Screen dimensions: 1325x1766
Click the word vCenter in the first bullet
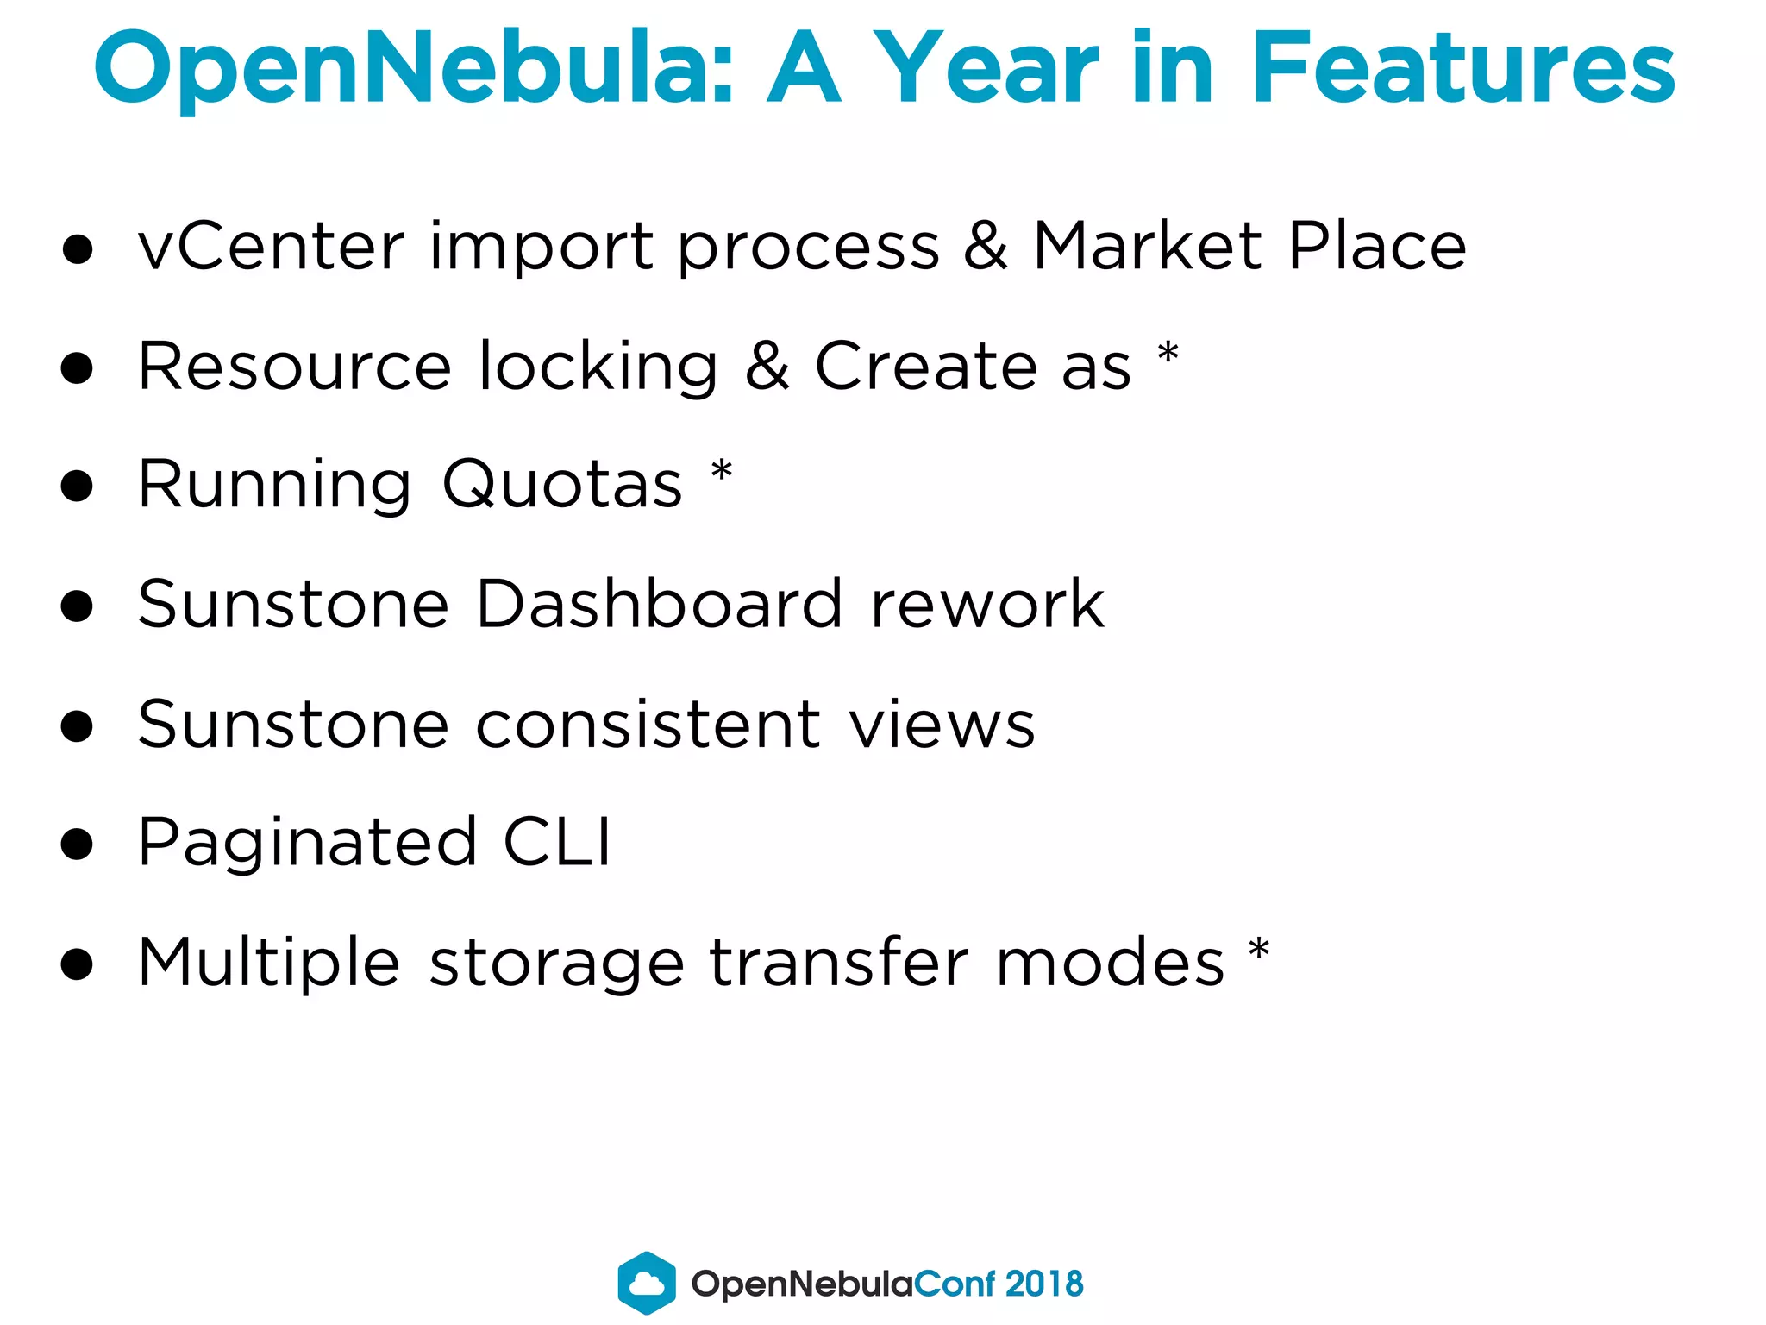271,247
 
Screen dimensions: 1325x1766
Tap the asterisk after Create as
1168,354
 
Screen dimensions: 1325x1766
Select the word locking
598,367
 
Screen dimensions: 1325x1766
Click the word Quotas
562,485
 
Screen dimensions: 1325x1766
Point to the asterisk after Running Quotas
722,473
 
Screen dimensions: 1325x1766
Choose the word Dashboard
659,604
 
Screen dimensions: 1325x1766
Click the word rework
987,604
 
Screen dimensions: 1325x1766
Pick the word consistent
648,725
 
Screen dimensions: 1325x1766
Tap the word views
942,725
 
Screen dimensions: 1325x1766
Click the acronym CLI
557,842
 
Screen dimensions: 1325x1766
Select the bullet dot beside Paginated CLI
78,845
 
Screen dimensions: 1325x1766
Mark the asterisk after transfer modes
1259,951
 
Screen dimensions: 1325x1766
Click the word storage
556,964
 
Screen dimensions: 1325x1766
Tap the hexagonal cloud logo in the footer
647,1283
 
